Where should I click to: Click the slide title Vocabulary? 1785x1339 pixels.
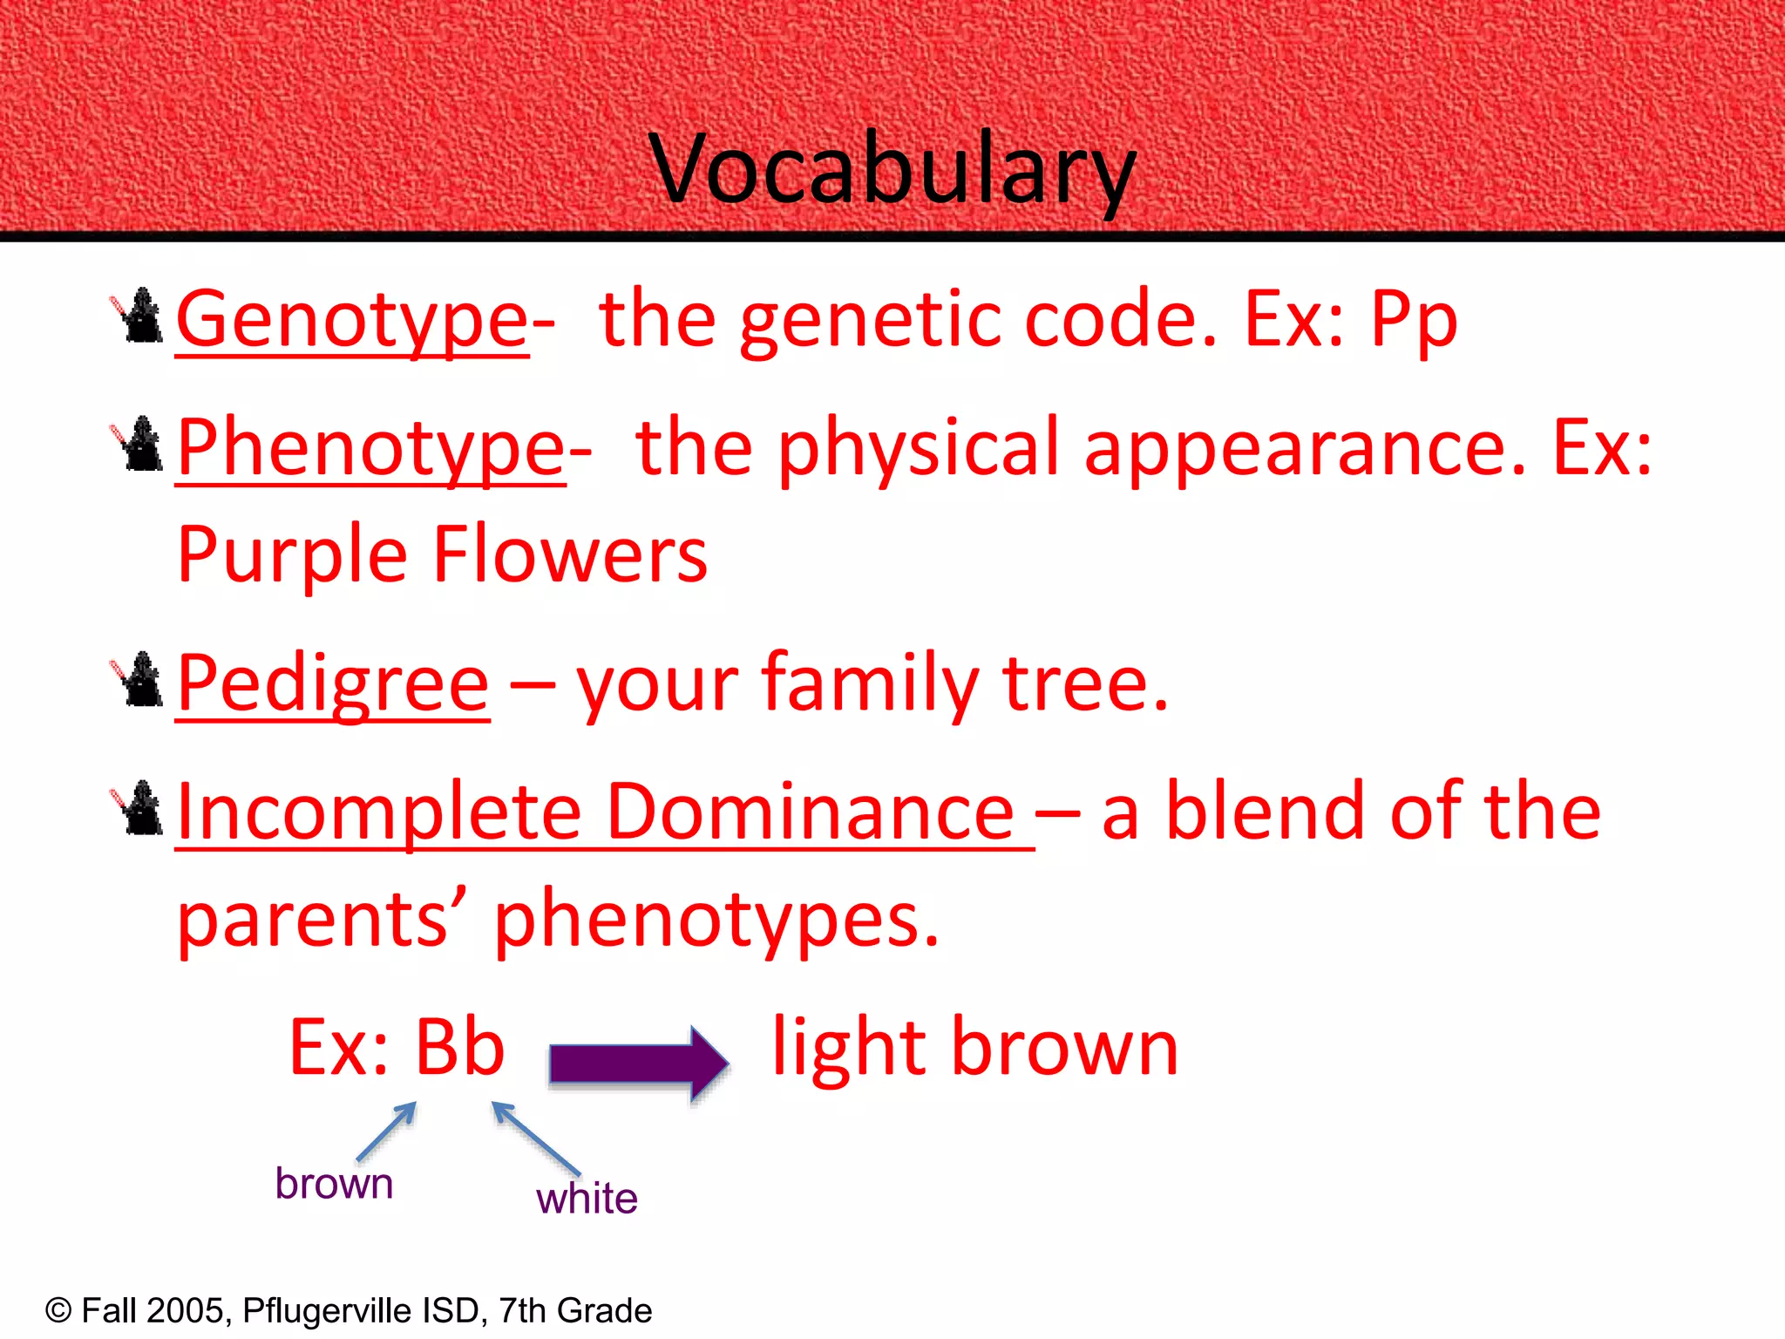coord(892,169)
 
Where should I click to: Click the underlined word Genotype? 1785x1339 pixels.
coord(352,321)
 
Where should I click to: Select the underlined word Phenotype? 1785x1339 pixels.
coord(371,449)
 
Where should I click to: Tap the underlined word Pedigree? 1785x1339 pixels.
coord(333,685)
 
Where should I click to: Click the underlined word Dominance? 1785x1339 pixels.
coord(811,813)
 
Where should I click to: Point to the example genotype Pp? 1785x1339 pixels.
coord(1414,321)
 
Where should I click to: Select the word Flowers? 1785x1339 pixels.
coord(570,555)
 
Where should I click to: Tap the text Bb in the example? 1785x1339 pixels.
coord(459,1048)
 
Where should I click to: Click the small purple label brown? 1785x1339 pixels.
coord(334,1184)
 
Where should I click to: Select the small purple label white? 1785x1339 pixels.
coord(587,1199)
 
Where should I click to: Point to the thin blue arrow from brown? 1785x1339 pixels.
coord(387,1132)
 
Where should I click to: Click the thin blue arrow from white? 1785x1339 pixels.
coord(535,1138)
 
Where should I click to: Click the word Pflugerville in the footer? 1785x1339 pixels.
coord(327,1311)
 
